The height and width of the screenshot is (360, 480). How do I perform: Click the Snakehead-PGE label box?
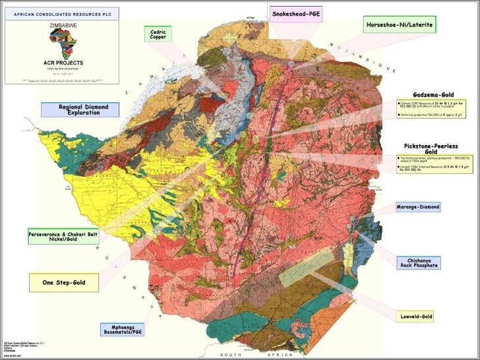296,15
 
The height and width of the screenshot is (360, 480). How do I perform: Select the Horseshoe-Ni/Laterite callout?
401,25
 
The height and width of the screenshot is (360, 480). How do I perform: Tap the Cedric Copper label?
158,34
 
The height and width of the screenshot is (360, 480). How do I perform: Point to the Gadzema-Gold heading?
433,95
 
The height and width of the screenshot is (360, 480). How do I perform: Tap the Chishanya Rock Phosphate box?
417,263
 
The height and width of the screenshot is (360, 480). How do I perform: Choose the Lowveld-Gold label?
417,317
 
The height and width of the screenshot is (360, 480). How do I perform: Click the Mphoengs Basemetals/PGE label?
120,328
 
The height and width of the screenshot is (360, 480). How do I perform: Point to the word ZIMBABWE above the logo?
62,24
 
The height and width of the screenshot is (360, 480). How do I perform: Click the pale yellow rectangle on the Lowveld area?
305,267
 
